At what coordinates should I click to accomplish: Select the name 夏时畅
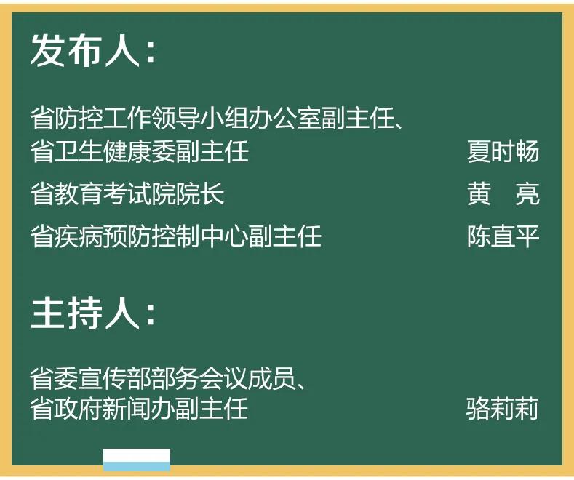(503, 151)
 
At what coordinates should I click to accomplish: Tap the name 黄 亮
(503, 194)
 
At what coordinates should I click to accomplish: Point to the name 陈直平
(503, 237)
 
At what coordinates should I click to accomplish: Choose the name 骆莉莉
(503, 409)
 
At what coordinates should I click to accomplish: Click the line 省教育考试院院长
(127, 194)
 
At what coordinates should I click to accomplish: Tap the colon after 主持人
(150, 316)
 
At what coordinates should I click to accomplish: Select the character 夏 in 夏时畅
(479, 151)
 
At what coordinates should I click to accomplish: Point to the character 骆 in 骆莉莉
(479, 409)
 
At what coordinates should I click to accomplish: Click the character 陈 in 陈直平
(479, 237)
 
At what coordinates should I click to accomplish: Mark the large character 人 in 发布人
(122, 52)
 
